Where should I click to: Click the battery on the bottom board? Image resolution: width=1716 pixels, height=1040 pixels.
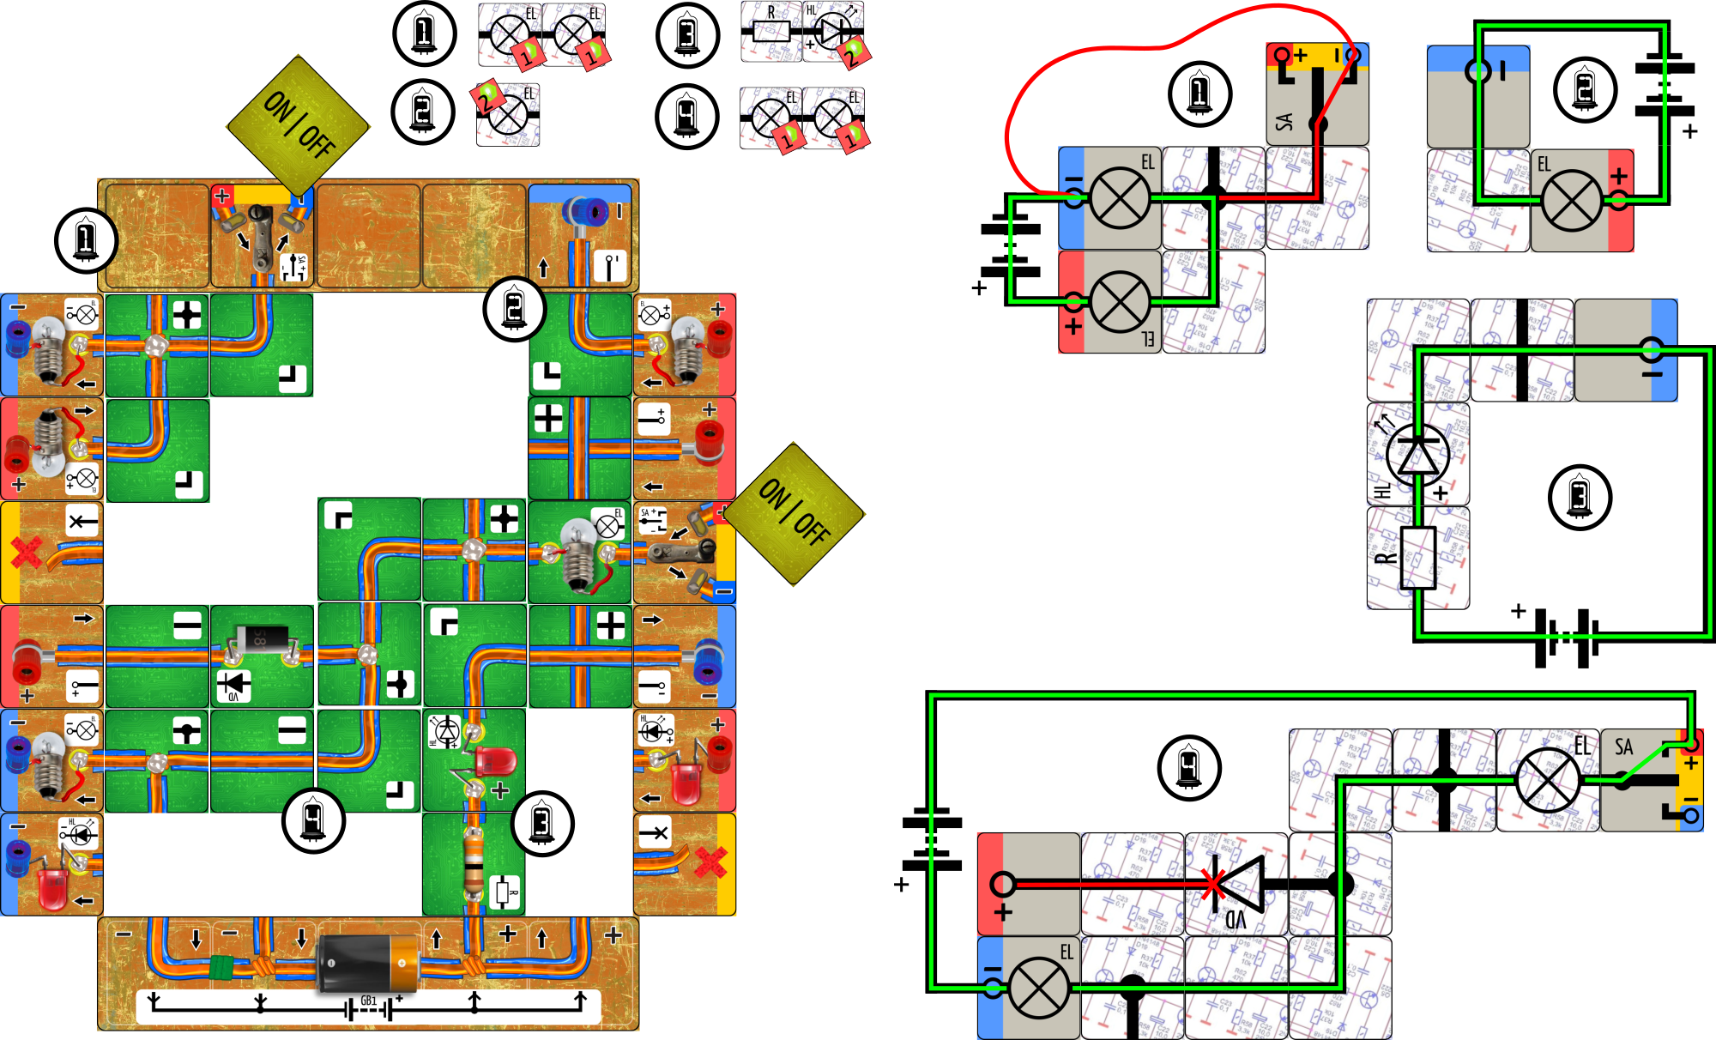(x=367, y=962)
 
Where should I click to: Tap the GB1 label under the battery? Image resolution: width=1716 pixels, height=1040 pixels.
(x=369, y=1001)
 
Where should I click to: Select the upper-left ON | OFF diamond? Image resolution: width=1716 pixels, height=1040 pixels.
(x=298, y=125)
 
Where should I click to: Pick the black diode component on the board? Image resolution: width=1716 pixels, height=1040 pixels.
(x=261, y=638)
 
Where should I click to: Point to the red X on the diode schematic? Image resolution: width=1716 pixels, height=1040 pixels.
(x=1213, y=885)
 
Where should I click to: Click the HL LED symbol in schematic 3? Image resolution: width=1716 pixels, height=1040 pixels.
(x=1418, y=455)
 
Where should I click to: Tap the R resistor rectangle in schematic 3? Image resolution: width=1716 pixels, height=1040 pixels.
(x=1418, y=558)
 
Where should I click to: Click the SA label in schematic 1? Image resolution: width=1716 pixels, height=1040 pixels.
(x=1284, y=122)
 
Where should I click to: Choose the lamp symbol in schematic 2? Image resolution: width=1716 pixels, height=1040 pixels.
(x=1572, y=202)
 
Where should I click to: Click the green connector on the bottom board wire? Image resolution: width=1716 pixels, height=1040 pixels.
(x=222, y=969)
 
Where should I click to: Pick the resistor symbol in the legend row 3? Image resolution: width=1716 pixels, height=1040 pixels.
(x=770, y=33)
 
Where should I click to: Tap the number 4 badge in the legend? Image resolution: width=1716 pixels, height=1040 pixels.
(x=686, y=116)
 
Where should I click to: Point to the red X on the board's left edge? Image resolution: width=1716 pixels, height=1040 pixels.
(x=26, y=552)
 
